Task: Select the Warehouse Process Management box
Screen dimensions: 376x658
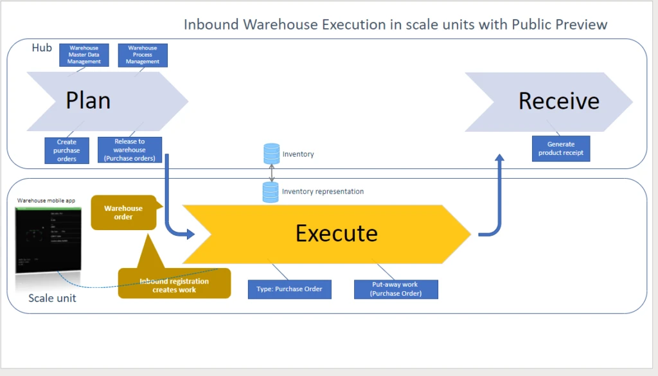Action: coord(143,55)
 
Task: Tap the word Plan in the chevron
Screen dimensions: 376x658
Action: coord(88,101)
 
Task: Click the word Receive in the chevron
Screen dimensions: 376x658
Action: coord(558,101)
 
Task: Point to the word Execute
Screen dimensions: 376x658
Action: coord(336,233)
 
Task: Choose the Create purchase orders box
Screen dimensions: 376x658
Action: coord(67,150)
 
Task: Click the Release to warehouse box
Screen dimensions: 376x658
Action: coord(130,150)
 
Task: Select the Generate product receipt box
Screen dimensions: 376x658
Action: coord(561,148)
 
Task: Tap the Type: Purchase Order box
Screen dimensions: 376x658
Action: coord(289,289)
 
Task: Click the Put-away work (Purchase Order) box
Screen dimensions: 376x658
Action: coord(396,289)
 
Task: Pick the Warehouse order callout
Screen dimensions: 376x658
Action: coord(123,213)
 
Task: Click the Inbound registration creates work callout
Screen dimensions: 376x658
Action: coord(173,285)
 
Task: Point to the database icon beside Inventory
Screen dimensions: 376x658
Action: coord(272,154)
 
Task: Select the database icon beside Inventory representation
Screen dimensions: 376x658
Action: coord(272,192)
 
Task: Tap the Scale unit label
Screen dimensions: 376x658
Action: coord(52,298)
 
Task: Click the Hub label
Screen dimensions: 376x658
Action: coord(42,48)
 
